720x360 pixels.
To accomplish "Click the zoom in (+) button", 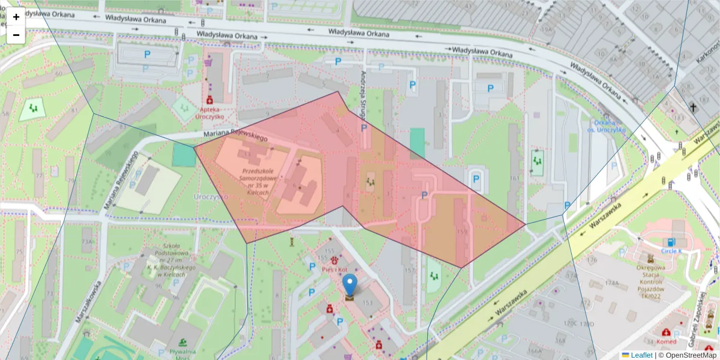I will coord(16,17).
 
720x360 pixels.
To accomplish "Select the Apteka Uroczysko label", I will coord(209,113).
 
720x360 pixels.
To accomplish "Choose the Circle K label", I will coord(671,251).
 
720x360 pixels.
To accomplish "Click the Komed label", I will coord(666,341).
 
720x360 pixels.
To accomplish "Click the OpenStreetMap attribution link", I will coord(691,355).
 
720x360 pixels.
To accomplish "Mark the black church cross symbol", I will coord(694,108).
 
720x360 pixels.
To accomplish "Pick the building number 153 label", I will coord(367,303).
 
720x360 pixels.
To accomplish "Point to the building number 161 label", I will coord(514,178).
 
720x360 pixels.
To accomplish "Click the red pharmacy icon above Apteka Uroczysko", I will coord(210,100).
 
